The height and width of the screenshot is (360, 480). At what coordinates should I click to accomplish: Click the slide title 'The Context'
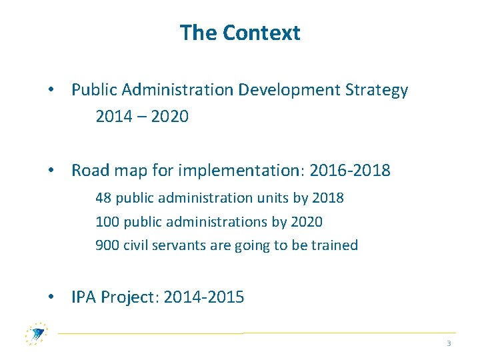pyautogui.click(x=240, y=33)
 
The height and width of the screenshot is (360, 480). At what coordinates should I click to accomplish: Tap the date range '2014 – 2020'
pyautogui.click(x=142, y=117)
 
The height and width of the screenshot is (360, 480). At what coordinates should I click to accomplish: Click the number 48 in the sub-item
pyautogui.click(x=103, y=198)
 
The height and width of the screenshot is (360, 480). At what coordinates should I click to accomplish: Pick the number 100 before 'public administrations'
pyautogui.click(x=107, y=221)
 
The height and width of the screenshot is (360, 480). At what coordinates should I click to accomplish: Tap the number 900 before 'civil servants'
pyautogui.click(x=107, y=245)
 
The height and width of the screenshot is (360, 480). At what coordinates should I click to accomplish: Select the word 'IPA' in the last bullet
pyautogui.click(x=84, y=297)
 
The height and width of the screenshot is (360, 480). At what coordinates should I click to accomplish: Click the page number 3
pyautogui.click(x=449, y=343)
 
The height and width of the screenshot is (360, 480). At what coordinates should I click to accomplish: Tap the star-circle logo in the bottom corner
pyautogui.click(x=36, y=333)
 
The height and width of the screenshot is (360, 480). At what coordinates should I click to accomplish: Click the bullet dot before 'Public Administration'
pyautogui.click(x=51, y=91)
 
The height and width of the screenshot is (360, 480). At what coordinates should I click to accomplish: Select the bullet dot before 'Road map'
pyautogui.click(x=51, y=171)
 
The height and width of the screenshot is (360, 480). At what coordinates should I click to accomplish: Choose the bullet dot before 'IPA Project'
pyautogui.click(x=51, y=297)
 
